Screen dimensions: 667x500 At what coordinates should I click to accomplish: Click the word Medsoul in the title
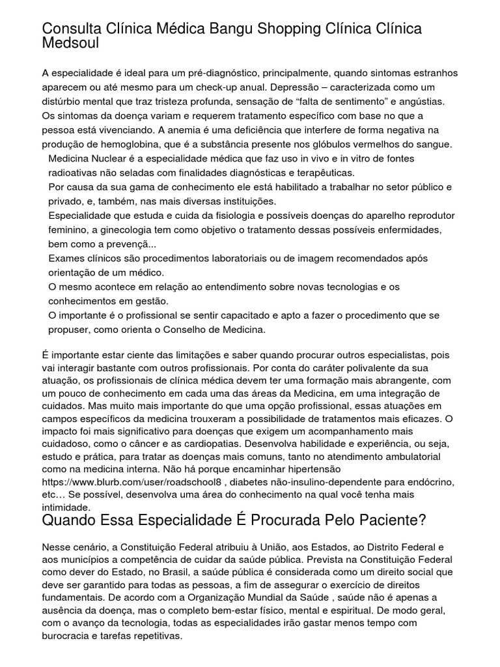click(70, 43)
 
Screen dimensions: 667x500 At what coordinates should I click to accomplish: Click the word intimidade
click(64, 505)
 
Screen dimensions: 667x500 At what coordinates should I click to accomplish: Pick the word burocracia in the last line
click(65, 636)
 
